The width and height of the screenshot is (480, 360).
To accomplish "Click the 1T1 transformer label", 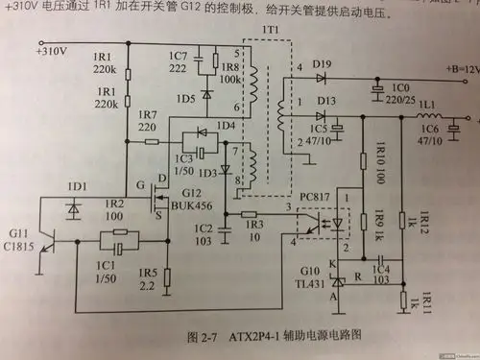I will (269, 35).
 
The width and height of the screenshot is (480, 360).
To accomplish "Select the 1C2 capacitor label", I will (203, 235).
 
